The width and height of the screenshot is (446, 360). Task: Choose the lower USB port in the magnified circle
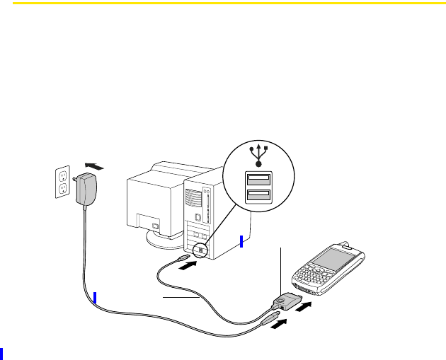coord(258,194)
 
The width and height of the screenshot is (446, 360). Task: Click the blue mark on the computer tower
coord(241,242)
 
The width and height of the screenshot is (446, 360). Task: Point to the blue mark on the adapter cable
coord(94,297)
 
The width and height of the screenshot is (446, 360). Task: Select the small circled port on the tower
coord(201,250)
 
